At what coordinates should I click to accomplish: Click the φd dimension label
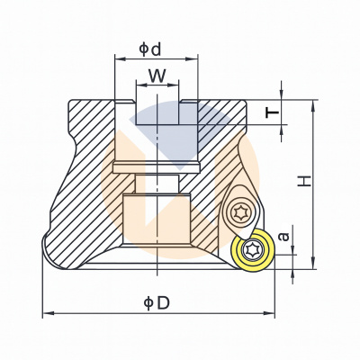point(150,49)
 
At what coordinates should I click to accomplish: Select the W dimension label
point(157,76)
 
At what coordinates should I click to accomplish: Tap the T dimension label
point(273,113)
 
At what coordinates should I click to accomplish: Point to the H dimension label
point(305,182)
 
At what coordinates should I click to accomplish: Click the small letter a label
point(283,236)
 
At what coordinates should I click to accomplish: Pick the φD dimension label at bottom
point(157,303)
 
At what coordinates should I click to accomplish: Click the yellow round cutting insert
point(253,250)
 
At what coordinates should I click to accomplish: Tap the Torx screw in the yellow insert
point(251,249)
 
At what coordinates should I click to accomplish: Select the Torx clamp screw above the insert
point(241,212)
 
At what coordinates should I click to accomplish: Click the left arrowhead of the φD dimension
point(48,313)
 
